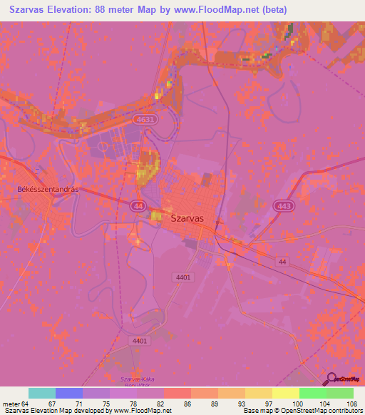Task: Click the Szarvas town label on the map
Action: pyautogui.click(x=187, y=219)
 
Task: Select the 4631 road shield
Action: pyautogui.click(x=165, y=120)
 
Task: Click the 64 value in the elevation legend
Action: pyautogui.click(x=26, y=403)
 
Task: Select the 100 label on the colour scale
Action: pyautogui.click(x=296, y=403)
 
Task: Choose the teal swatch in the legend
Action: pyautogui.click(x=42, y=393)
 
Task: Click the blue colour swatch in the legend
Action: pyautogui.click(x=69, y=393)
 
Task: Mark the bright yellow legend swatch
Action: pyautogui.click(x=286, y=393)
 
